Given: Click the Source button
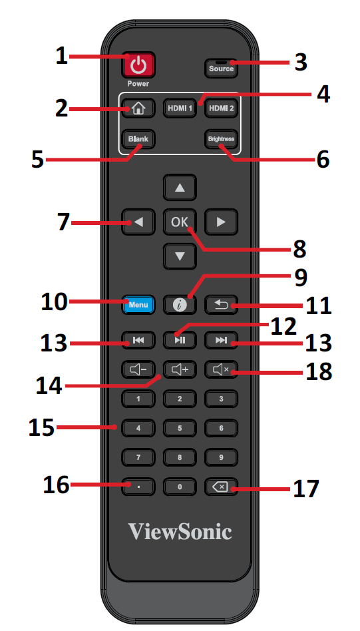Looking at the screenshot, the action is (221, 68).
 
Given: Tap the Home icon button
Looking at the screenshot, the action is (138, 108).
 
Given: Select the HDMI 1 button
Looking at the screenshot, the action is (180, 108).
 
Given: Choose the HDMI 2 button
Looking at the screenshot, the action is (221, 108).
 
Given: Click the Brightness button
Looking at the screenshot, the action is (221, 139).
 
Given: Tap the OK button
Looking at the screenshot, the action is (180, 222).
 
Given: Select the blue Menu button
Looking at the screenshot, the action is (138, 305).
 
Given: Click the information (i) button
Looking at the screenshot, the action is (180, 305).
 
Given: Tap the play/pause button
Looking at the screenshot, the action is (180, 340).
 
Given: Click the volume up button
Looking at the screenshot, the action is (180, 369).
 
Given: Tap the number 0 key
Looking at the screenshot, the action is (180, 487).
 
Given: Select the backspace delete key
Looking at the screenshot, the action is (221, 487).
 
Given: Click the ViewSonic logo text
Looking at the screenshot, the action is (180, 531).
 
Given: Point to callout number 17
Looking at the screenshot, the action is (306, 489).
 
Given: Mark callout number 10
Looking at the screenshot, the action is (55, 302).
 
